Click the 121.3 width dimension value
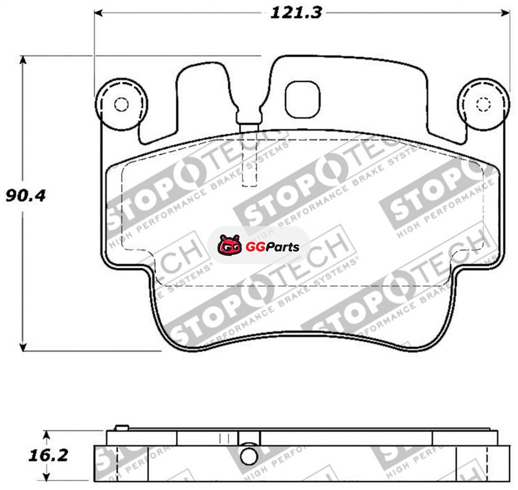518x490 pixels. point(296,13)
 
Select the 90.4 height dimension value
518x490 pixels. point(25,195)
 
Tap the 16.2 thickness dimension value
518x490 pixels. point(48,456)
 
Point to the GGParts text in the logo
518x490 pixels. point(273,247)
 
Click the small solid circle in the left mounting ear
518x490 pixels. point(121,105)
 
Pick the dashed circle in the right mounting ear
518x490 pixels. point(484,105)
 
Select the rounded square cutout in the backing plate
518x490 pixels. point(302,100)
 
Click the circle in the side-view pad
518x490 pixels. point(249,456)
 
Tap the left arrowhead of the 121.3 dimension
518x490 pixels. point(99,13)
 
